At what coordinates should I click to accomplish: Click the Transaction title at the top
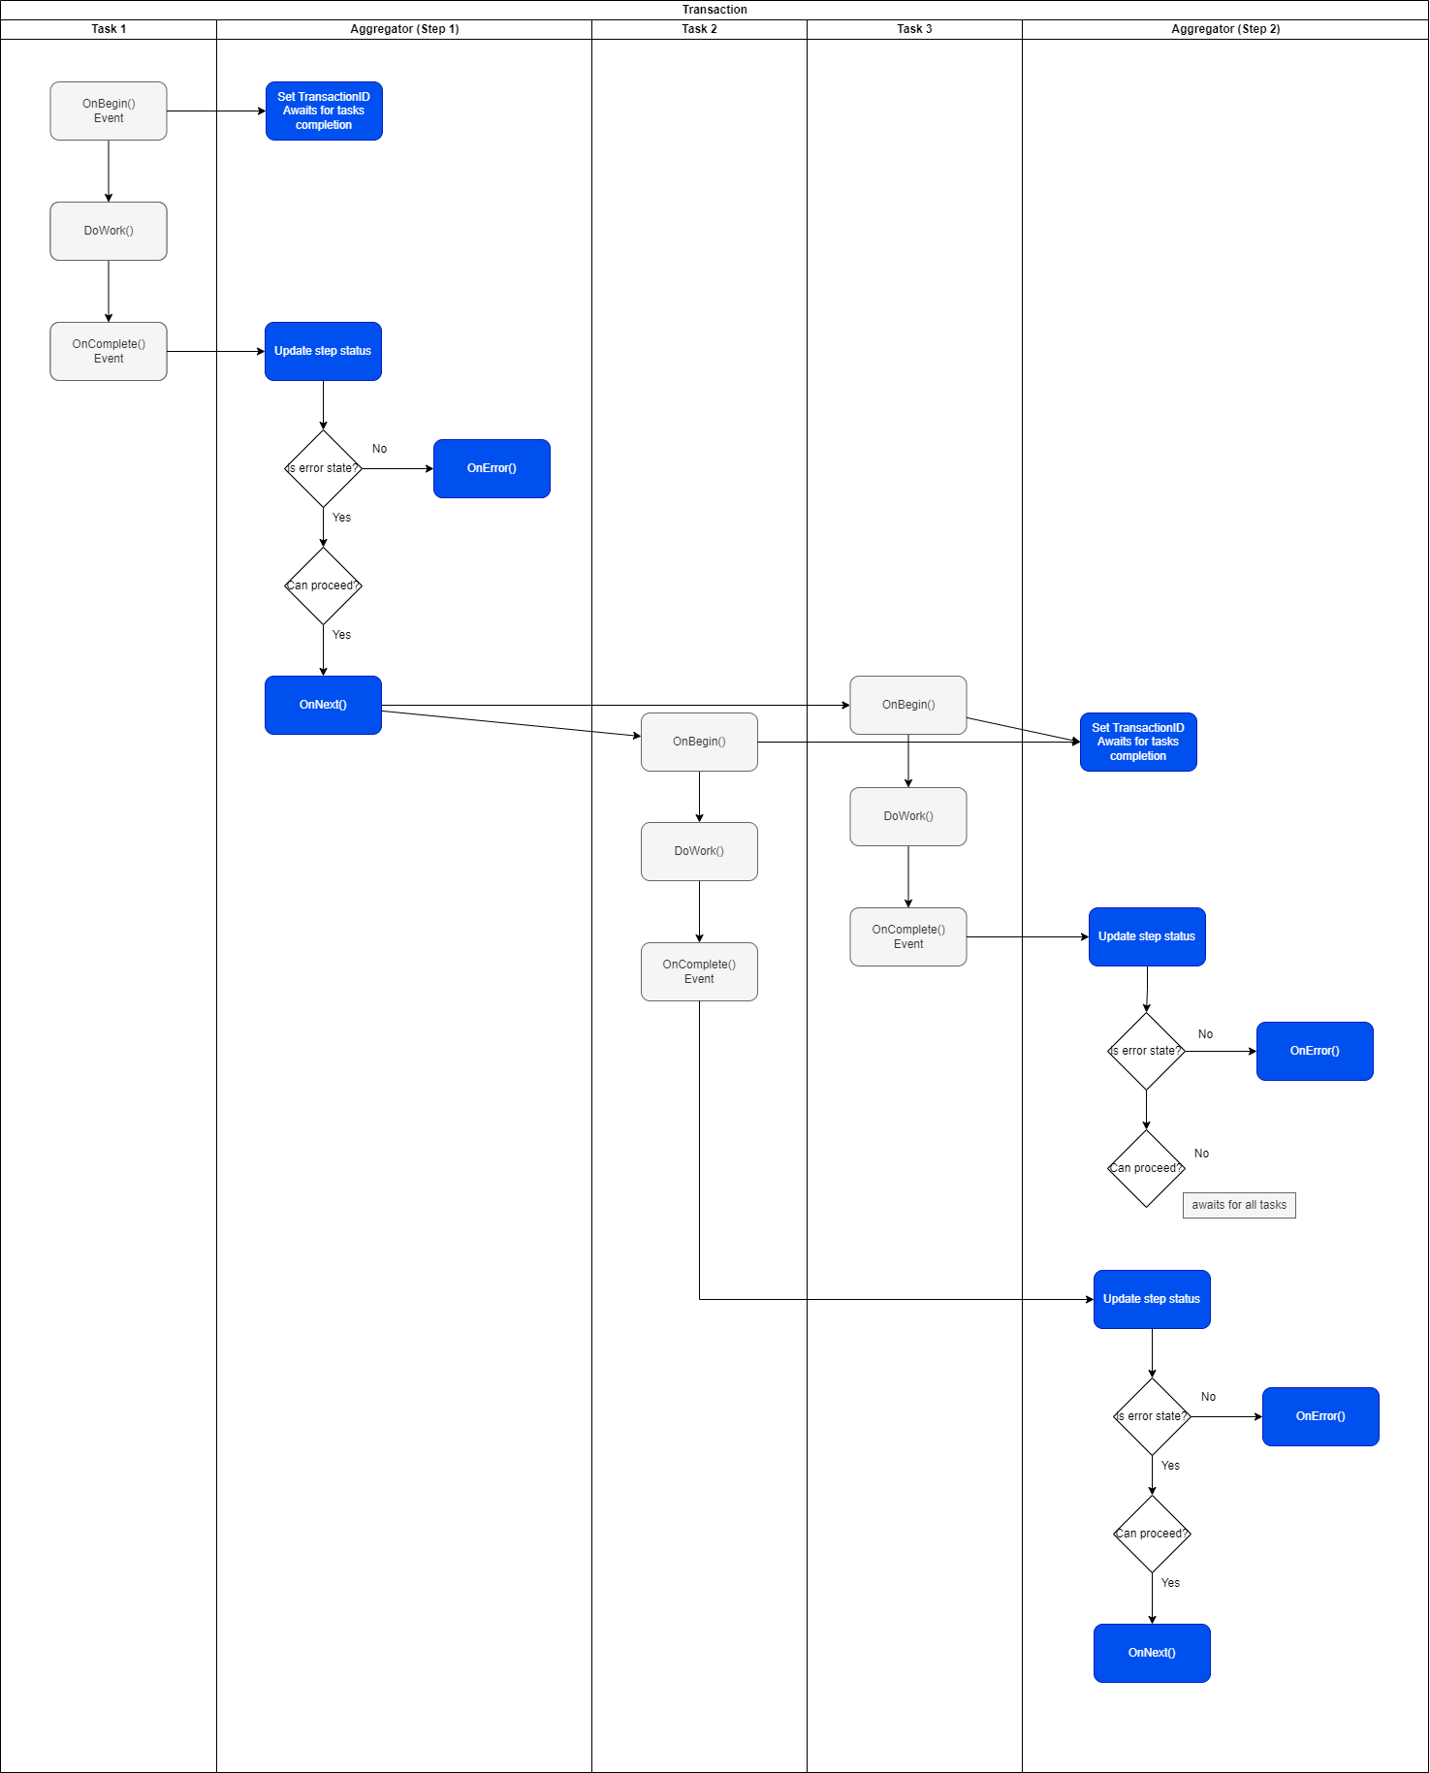(715, 10)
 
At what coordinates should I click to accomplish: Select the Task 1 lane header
(109, 29)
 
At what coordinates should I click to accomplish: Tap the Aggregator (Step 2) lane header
(1225, 29)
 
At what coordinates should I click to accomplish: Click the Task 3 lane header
(914, 29)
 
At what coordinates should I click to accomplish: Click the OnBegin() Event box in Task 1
(109, 111)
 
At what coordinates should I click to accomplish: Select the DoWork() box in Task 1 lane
(109, 231)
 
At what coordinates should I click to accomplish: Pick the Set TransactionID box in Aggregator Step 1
(324, 111)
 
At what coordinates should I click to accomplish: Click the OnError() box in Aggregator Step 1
(492, 468)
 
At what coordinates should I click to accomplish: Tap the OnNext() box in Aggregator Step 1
(323, 705)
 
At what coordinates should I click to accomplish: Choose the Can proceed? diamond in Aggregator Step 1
(323, 586)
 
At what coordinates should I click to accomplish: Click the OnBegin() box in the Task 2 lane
(699, 742)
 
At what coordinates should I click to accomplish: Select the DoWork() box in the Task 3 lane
(908, 816)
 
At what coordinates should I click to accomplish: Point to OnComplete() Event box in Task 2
(699, 971)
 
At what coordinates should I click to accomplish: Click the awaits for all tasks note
(1239, 1205)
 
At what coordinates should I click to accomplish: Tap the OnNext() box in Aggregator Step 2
(1152, 1653)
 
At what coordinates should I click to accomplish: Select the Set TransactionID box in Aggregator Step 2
(1138, 742)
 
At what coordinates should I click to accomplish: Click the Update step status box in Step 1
(323, 351)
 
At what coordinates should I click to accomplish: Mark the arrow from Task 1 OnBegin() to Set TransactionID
(216, 111)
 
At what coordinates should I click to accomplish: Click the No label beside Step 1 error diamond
(379, 449)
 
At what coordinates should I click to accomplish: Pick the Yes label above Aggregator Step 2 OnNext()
(1170, 1583)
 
